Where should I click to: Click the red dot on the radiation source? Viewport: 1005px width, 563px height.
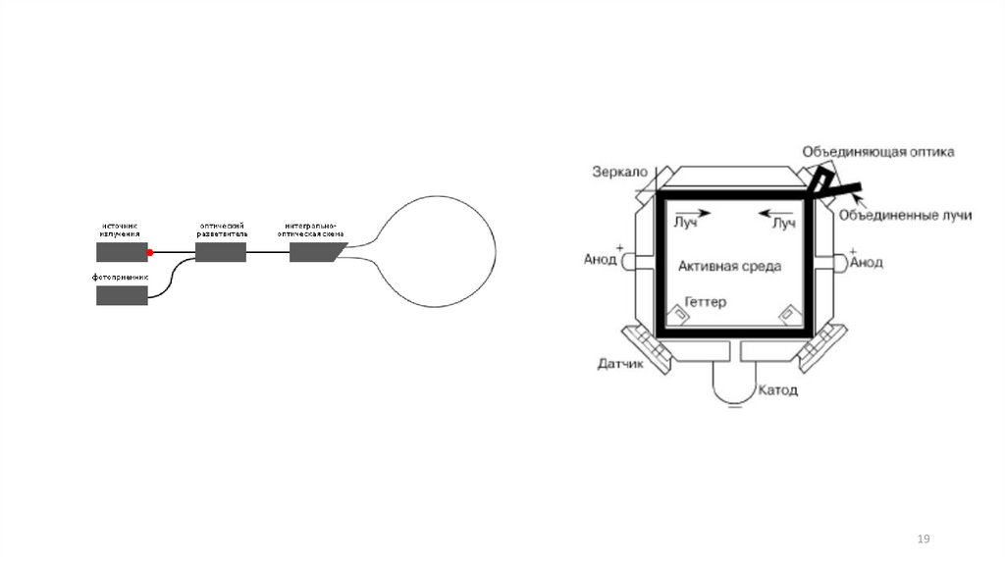150,252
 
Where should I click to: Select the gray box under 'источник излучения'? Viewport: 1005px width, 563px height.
122,252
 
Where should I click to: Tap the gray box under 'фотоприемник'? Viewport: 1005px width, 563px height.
122,294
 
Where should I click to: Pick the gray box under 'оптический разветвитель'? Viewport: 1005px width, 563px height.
221,252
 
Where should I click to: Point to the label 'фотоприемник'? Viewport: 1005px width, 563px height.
122,278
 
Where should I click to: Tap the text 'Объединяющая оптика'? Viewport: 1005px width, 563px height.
877,152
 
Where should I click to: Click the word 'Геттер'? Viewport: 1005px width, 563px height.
706,302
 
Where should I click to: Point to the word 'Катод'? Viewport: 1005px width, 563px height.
777,390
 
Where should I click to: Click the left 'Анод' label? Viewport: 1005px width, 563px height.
601,260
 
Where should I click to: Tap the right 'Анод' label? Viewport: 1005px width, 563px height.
866,262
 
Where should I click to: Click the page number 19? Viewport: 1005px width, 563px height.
923,539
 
